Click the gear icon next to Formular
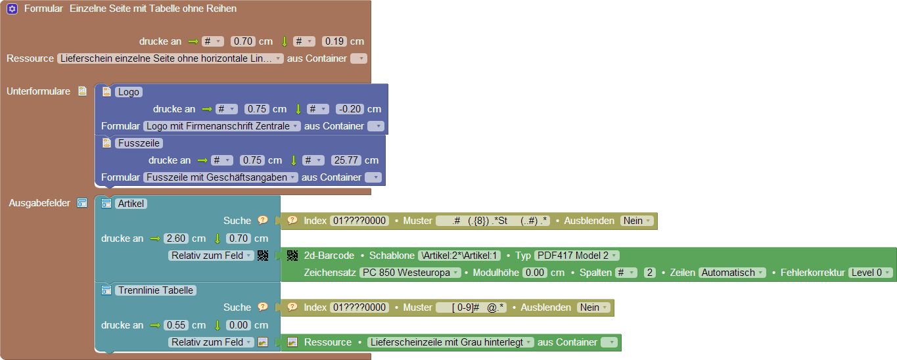click(x=12, y=9)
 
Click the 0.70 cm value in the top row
click(x=243, y=41)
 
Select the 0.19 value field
click(x=334, y=41)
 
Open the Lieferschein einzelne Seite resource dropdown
click(x=170, y=58)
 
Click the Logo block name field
click(x=128, y=92)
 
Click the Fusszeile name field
click(x=139, y=143)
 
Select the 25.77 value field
click(x=346, y=160)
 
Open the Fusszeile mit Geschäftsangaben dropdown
click(x=221, y=177)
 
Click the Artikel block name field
click(x=131, y=204)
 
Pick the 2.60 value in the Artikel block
click(x=176, y=238)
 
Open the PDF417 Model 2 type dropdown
click(x=576, y=256)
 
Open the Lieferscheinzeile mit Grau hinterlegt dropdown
click(x=450, y=342)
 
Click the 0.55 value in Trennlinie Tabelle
click(x=176, y=325)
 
